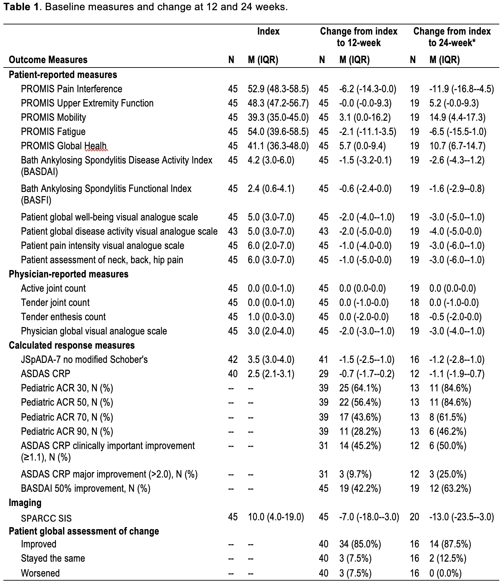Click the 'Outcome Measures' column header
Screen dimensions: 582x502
pyautogui.click(x=48, y=60)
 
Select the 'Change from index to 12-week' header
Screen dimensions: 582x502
pyautogui.click(x=358, y=37)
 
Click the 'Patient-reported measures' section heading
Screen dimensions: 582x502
pyautogui.click(x=63, y=75)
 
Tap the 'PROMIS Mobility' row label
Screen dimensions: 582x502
pyautogui.click(x=54, y=117)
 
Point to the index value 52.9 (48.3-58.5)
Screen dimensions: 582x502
pyautogui.click(x=278, y=89)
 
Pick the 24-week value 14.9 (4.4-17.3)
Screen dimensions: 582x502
pyautogui.click(x=457, y=117)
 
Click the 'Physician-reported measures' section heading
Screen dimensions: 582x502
pyautogui.click(x=69, y=274)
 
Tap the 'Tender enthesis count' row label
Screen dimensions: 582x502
pyautogui.click(x=63, y=317)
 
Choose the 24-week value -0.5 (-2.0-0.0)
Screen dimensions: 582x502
pyautogui.click(x=455, y=317)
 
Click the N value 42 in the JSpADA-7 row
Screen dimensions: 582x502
pyautogui.click(x=233, y=360)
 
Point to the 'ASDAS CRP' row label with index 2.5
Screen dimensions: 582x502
pyautogui.click(x=46, y=374)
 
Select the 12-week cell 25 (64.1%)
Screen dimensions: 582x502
pyautogui.click(x=360, y=388)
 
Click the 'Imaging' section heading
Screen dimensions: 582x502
pyautogui.click(x=25, y=503)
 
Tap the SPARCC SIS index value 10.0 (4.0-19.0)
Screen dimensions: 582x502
pyautogui.click(x=276, y=517)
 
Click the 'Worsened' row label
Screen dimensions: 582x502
pyautogui.click(x=40, y=573)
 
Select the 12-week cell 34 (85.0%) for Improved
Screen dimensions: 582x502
pyautogui.click(x=360, y=544)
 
